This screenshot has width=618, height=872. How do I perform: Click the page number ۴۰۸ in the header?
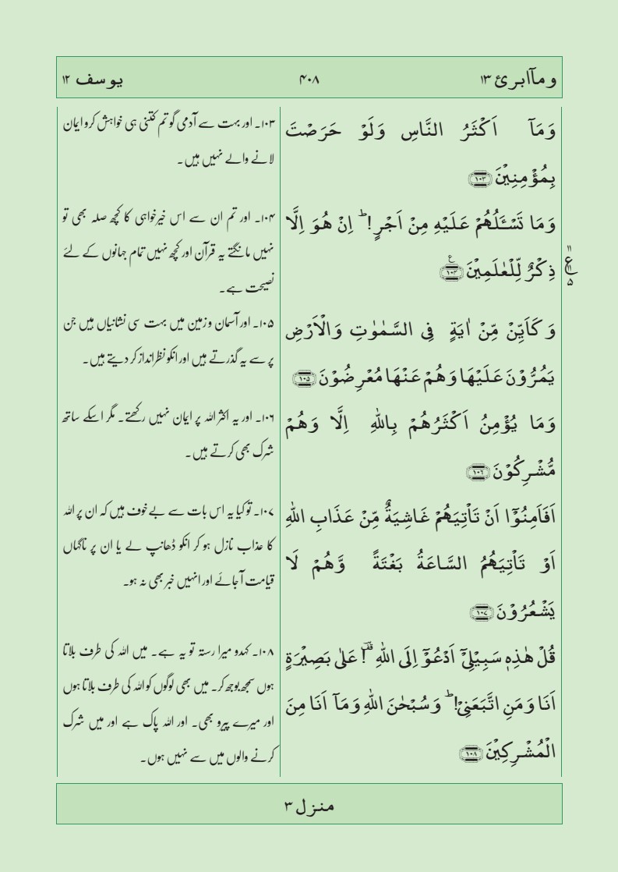[x=309, y=80]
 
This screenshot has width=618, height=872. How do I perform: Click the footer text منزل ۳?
[x=309, y=803]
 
